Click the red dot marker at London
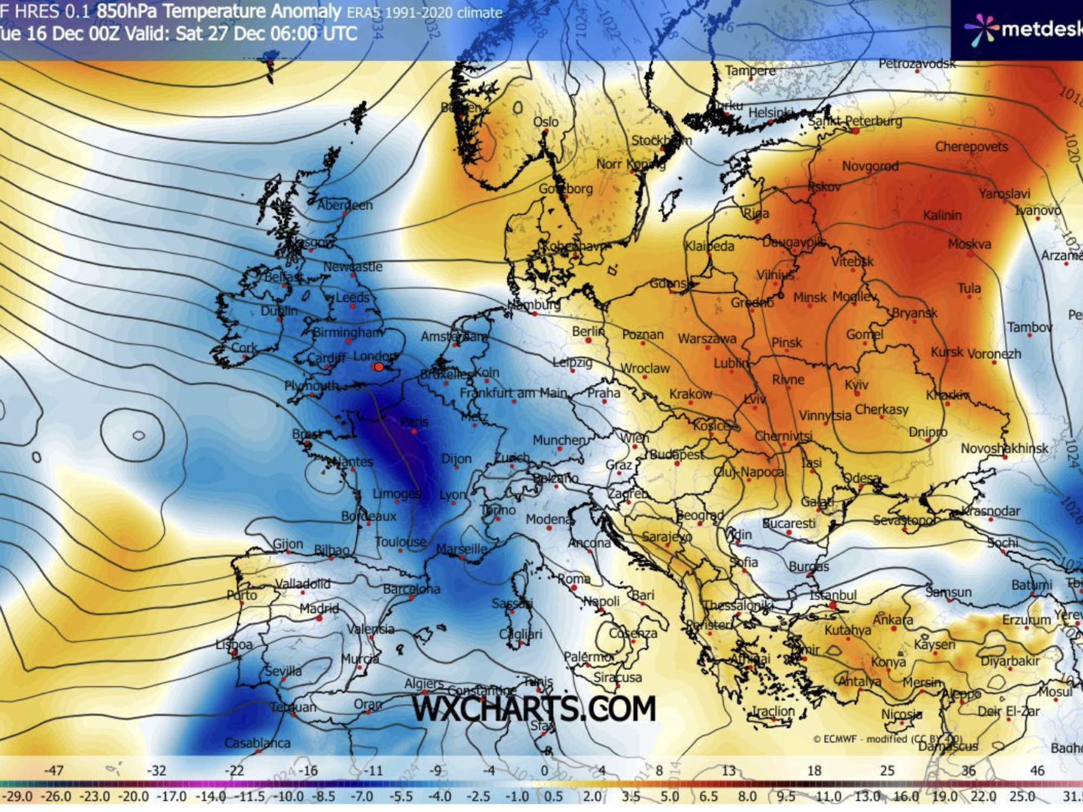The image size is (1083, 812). [x=379, y=367]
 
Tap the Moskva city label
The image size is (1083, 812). [x=969, y=244]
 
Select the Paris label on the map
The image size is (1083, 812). [x=414, y=422]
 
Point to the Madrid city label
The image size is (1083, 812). [x=319, y=608]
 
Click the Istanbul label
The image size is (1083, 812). [x=833, y=595]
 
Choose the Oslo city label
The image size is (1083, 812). [x=545, y=122]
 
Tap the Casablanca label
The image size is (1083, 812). [x=257, y=743]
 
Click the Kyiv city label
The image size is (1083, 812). [x=857, y=384]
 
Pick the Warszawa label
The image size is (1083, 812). [x=707, y=339]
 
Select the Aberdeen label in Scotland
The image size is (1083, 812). [x=344, y=205]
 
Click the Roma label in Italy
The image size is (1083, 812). [x=574, y=579]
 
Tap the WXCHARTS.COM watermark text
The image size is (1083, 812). [x=534, y=709]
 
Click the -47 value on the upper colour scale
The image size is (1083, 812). [x=54, y=770]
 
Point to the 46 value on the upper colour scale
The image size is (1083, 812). [x=1036, y=770]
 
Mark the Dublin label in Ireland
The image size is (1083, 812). [x=279, y=311]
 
